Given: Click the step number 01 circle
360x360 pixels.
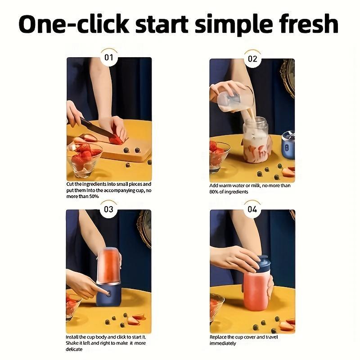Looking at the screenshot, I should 108,58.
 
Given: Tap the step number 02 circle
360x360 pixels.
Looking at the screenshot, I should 252,58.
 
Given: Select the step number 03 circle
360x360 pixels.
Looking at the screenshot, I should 108,209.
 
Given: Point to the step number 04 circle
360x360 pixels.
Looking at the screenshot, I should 252,209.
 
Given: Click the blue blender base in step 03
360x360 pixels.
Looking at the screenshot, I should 109,295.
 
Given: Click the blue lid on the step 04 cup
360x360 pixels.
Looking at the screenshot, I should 260,263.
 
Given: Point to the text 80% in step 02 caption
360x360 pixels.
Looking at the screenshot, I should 217,192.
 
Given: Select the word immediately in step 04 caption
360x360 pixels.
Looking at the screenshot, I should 223,343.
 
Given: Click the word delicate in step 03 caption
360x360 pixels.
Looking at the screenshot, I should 74,349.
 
